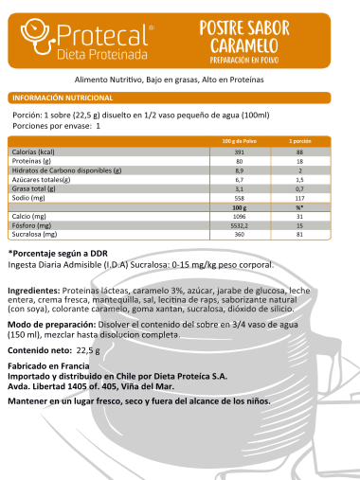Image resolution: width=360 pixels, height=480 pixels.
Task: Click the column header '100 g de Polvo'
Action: coord(239,140)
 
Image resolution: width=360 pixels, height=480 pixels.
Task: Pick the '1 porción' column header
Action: coord(299,140)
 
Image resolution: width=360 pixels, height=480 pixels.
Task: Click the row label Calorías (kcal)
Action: coord(33,151)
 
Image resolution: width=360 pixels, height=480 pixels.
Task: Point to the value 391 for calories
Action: coord(239,151)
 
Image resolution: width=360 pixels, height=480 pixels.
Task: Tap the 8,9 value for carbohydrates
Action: coord(239,169)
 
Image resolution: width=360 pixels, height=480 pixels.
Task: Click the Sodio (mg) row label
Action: coord(28,197)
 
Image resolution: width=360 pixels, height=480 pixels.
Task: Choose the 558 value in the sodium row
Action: coord(239,197)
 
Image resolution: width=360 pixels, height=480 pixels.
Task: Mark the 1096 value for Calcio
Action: coord(239,216)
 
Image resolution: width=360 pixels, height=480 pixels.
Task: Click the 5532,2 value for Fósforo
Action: coord(239,224)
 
